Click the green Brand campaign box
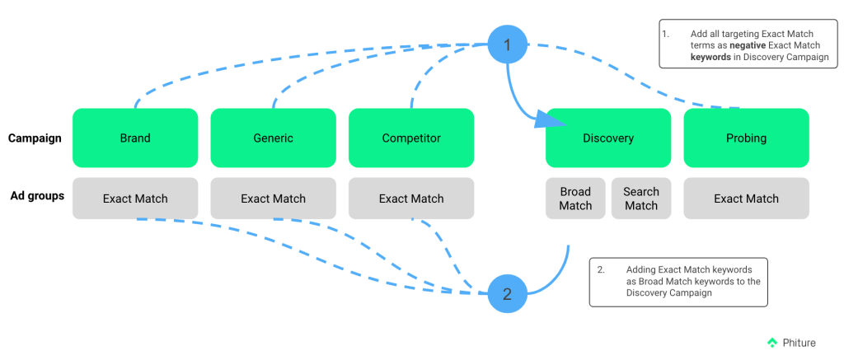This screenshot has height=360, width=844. pyautogui.click(x=135, y=138)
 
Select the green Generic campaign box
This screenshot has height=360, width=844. pyautogui.click(x=273, y=138)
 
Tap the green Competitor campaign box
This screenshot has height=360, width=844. pyautogui.click(x=411, y=138)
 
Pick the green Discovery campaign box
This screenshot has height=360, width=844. pyautogui.click(x=607, y=138)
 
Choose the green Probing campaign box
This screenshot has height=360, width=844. pyautogui.click(x=746, y=138)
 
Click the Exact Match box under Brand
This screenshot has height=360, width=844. pyautogui.click(x=135, y=199)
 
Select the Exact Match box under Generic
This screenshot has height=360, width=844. pyautogui.click(x=273, y=199)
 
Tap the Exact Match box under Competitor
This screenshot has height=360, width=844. pyautogui.click(x=411, y=199)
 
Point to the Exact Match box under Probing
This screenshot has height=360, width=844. pyautogui.click(x=746, y=199)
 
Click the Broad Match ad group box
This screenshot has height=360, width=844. pyautogui.click(x=575, y=199)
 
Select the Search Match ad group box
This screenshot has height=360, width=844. pyautogui.click(x=640, y=199)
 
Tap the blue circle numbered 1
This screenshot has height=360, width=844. pyautogui.click(x=507, y=44)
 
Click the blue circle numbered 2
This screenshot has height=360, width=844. pyautogui.click(x=507, y=293)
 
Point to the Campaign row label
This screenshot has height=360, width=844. pyautogui.click(x=35, y=138)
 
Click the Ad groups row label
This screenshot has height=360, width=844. pyautogui.click(x=37, y=196)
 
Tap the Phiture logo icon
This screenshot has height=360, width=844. pyautogui.click(x=772, y=342)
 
